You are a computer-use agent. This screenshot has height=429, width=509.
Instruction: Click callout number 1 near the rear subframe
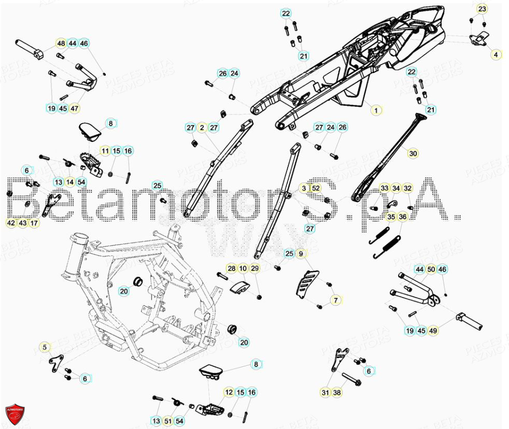point(376,110)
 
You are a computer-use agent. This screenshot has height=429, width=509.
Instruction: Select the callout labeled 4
point(496,54)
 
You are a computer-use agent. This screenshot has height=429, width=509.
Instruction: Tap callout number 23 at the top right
point(482,9)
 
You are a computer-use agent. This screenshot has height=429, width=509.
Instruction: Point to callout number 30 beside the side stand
point(413,154)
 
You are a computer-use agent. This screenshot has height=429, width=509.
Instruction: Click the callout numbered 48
point(61,44)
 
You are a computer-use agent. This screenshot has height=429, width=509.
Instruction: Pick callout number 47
point(75,108)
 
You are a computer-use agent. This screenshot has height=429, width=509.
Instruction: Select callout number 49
point(434,331)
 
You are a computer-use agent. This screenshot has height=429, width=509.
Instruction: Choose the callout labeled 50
point(431,269)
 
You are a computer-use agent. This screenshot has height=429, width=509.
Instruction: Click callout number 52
point(316,188)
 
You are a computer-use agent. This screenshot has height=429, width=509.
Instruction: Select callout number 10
point(243,268)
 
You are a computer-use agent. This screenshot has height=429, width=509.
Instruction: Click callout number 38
point(336,392)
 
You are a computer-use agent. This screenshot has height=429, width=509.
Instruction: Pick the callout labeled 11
point(105,151)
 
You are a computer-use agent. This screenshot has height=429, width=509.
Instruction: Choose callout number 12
point(229,392)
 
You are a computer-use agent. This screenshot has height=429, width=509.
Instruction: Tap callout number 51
point(168,421)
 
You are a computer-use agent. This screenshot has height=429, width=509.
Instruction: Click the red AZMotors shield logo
point(15,413)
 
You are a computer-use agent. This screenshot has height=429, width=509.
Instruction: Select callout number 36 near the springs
point(403,217)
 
